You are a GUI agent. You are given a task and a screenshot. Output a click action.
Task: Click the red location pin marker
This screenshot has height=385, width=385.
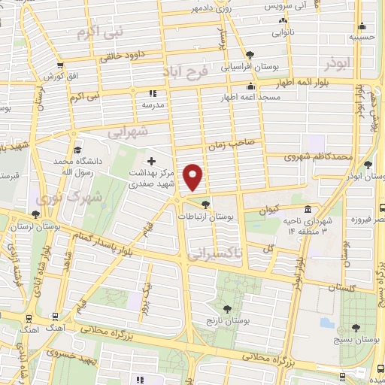pos(194,177)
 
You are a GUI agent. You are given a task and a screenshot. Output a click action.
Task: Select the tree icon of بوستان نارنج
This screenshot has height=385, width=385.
pos(227,308)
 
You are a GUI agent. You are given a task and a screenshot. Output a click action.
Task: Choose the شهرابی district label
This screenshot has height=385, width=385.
pos(128,132)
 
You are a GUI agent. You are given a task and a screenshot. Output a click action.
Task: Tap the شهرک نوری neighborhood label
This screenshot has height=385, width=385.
pos(57,198)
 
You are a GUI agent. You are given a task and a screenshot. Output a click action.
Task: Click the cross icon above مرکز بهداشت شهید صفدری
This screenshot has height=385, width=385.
pos(151,161)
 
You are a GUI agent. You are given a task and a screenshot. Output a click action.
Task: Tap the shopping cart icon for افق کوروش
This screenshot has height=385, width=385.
pos(60,66)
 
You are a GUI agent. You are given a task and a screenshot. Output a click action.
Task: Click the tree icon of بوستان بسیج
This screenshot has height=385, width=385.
pos(356,329)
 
